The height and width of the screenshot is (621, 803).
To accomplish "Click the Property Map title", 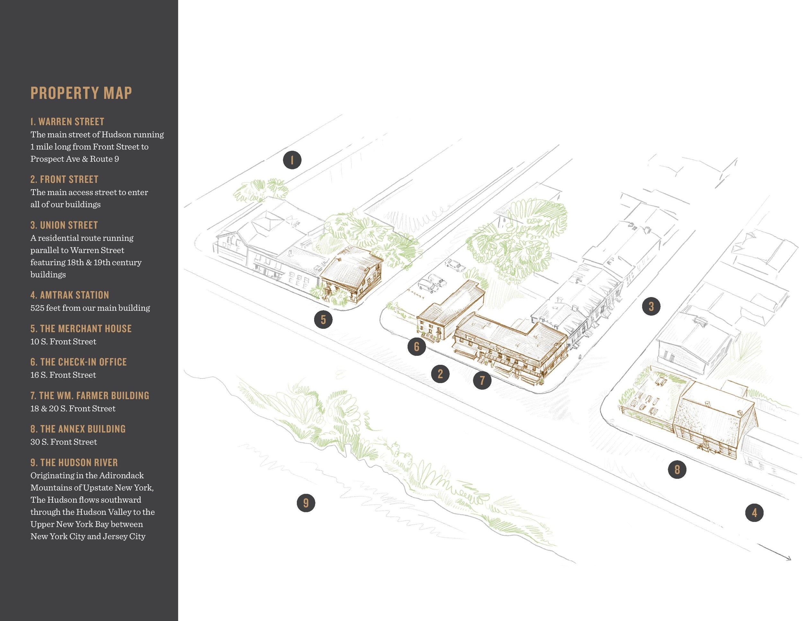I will [x=81, y=93].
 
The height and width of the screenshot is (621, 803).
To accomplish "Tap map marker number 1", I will [x=292, y=160].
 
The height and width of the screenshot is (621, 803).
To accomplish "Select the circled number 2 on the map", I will [x=440, y=374].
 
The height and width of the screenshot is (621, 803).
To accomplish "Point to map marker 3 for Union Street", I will [x=651, y=306].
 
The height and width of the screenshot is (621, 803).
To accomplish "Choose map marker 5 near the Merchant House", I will [x=323, y=319].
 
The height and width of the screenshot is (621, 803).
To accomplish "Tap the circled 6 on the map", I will [x=416, y=346].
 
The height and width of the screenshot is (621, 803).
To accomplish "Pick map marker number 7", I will [x=482, y=380].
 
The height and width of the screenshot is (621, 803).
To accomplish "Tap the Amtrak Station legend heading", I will [x=69, y=295].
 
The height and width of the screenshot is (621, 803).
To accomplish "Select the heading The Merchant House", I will [x=81, y=328].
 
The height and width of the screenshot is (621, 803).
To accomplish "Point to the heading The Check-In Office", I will [x=78, y=362].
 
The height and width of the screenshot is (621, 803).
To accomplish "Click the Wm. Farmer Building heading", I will [x=90, y=395].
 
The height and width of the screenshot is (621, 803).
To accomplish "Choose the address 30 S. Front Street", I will [x=64, y=442].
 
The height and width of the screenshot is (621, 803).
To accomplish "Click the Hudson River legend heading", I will [x=74, y=463].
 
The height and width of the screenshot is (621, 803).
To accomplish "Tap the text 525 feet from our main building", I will [x=90, y=308].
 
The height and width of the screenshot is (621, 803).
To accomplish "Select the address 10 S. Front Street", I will [x=63, y=341].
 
